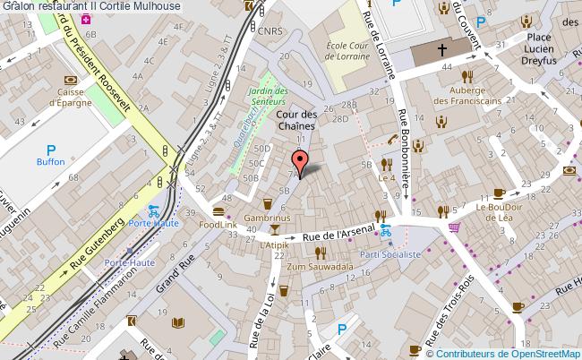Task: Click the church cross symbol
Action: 444,53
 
